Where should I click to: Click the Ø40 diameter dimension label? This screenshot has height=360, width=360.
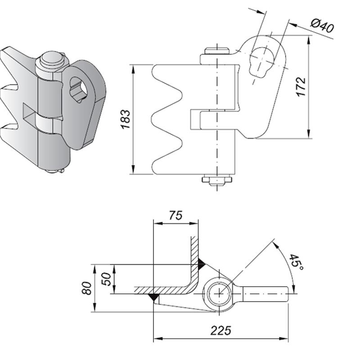point(323,26)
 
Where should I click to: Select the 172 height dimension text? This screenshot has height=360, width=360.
point(301,86)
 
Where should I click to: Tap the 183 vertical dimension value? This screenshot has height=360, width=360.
point(126,119)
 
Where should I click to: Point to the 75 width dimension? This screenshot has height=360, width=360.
point(176,216)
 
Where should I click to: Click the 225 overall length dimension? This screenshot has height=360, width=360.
point(220,331)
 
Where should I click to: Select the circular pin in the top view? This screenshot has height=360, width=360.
point(219,293)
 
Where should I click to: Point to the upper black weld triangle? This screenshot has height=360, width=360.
point(201,261)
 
